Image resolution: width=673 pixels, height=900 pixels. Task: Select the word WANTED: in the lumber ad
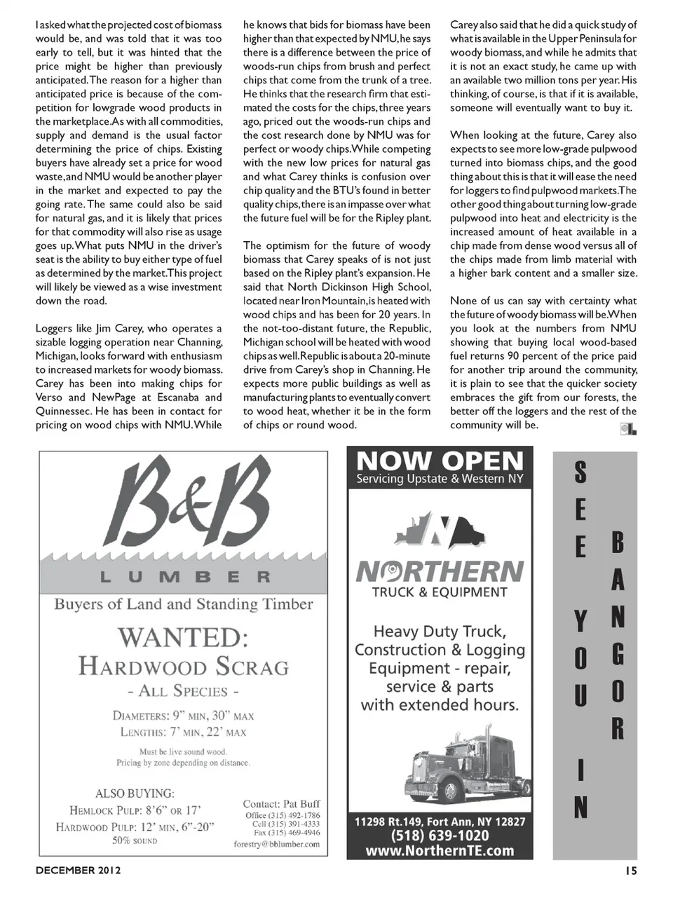pos(183,637)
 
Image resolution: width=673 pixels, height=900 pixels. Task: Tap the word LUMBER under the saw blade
pos(184,578)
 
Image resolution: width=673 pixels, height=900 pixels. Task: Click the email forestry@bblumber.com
pos(276,844)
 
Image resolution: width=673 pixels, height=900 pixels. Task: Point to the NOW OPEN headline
pos(440,461)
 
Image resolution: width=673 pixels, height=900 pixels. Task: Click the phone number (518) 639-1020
pos(440,836)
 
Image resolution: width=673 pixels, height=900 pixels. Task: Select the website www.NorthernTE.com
pos(440,851)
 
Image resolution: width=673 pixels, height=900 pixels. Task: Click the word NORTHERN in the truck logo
pos(440,571)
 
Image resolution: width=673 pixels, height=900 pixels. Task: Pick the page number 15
pos(630,871)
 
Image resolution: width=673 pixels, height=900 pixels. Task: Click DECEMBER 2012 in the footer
pos(79,871)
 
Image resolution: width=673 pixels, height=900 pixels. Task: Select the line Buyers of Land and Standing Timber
pos(184,604)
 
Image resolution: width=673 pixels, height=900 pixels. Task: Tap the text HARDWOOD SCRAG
pos(184,665)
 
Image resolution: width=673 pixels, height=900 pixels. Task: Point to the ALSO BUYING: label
pos(135,793)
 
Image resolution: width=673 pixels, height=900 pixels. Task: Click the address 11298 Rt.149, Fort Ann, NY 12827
pos(440,821)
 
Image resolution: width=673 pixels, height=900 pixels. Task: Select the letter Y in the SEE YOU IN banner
pos(580,620)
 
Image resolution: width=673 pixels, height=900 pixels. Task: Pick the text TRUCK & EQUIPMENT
pos(440,592)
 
